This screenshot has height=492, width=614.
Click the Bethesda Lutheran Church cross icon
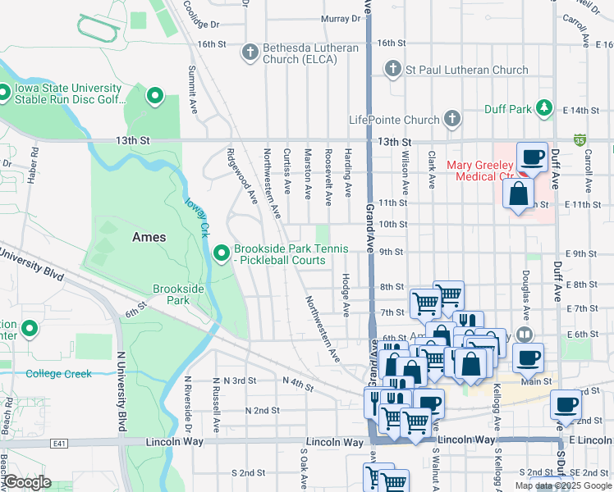tap(250, 53)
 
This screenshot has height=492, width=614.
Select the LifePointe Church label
tap(394, 120)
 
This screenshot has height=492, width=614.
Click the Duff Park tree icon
tap(543, 107)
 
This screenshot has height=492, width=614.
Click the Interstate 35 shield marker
tap(580, 140)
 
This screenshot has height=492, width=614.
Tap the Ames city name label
tap(149, 237)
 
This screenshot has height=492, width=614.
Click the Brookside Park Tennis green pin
tap(221, 253)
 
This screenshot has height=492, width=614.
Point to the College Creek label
tap(58, 374)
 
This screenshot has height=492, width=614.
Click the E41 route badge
tap(58, 442)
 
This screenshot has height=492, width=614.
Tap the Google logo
tap(26, 482)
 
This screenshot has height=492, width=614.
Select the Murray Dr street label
tap(335, 18)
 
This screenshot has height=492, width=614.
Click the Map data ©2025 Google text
tap(563, 485)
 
